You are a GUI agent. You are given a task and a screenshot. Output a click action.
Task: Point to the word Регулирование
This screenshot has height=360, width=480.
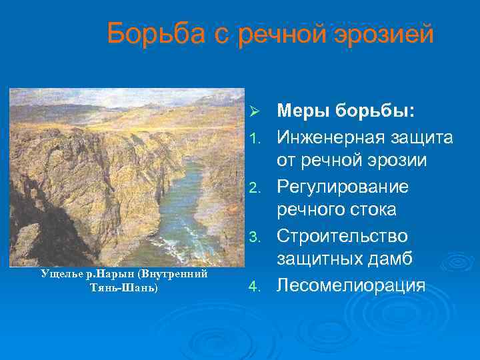[x=343, y=187]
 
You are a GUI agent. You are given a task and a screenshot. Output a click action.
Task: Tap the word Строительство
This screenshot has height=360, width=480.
[x=343, y=237]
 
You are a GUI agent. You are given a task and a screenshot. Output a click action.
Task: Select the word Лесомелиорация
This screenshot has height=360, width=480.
[x=351, y=286]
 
